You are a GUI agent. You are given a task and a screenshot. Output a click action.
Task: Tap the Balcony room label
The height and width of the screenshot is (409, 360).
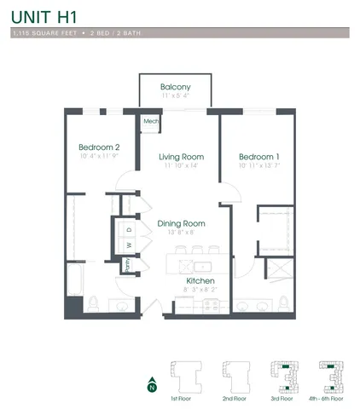[175, 87]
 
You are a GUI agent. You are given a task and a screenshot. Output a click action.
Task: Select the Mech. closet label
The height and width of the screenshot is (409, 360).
[151, 122]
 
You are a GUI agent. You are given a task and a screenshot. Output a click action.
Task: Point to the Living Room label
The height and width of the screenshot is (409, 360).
[181, 157]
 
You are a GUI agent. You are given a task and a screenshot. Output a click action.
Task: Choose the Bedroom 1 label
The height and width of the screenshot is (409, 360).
[259, 157]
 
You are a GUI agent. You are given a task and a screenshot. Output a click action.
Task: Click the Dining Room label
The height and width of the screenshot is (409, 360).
[181, 223]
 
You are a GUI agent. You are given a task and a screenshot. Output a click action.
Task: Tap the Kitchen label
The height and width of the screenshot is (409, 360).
[200, 280]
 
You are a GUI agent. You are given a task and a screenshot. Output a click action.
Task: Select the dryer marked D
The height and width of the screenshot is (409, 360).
[129, 230]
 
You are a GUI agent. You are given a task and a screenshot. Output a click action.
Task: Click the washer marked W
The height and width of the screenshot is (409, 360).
[129, 245]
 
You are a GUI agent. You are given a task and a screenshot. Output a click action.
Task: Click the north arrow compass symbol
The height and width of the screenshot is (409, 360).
[151, 384]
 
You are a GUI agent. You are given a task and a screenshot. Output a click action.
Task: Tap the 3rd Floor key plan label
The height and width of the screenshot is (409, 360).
[282, 398]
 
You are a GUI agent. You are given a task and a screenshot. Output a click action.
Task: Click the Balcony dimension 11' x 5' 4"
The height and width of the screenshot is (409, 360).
[175, 96]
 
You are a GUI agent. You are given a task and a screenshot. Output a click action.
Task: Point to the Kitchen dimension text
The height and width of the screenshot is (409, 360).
[200, 291]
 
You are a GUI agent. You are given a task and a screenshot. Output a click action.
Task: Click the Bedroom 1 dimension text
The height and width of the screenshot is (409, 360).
[259, 166]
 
